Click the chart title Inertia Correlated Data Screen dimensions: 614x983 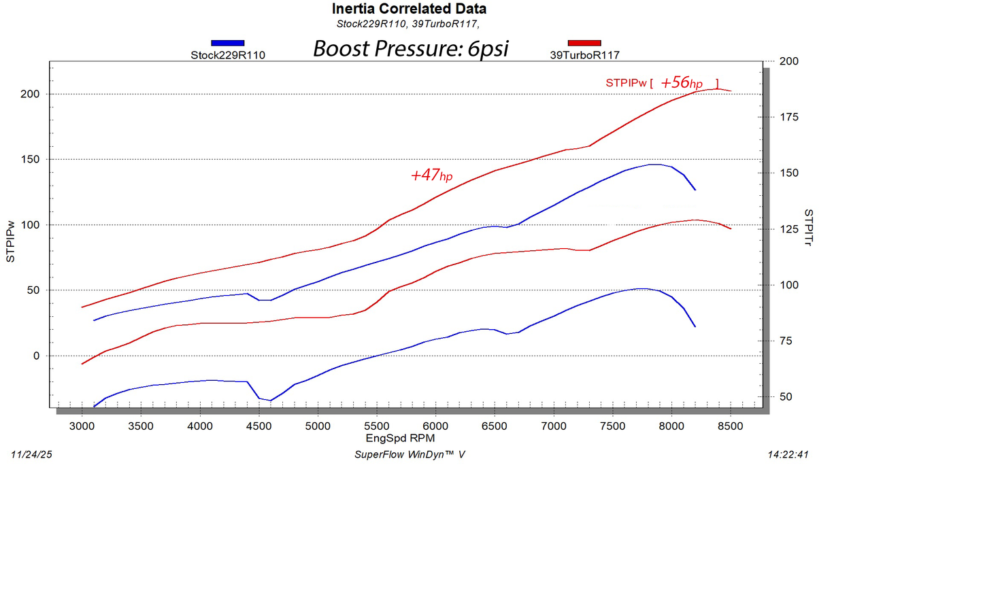[409, 9]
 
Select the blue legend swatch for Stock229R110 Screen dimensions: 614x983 [227, 43]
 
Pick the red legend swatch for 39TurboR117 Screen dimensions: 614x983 [584, 43]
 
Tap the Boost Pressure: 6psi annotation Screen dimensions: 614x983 [410, 48]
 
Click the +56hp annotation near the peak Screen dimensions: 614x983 [682, 82]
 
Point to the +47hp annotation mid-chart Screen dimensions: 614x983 [431, 175]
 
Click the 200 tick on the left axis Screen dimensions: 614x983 [30, 94]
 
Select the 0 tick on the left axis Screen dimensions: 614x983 [36, 356]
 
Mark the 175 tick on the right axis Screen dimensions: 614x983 [789, 117]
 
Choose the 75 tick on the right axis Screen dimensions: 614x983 [786, 341]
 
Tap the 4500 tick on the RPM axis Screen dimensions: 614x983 [259, 426]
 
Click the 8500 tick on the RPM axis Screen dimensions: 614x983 [731, 426]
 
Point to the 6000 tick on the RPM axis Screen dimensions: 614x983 [435, 426]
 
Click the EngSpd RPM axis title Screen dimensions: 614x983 [400, 439]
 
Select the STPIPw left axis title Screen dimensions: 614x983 [11, 241]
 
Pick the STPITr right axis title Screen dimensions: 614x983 [808, 227]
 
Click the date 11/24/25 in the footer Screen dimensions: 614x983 [31, 454]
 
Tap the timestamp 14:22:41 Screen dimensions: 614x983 [788, 454]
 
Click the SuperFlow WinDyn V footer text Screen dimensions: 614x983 [410, 454]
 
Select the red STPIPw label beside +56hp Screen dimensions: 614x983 [626, 83]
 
